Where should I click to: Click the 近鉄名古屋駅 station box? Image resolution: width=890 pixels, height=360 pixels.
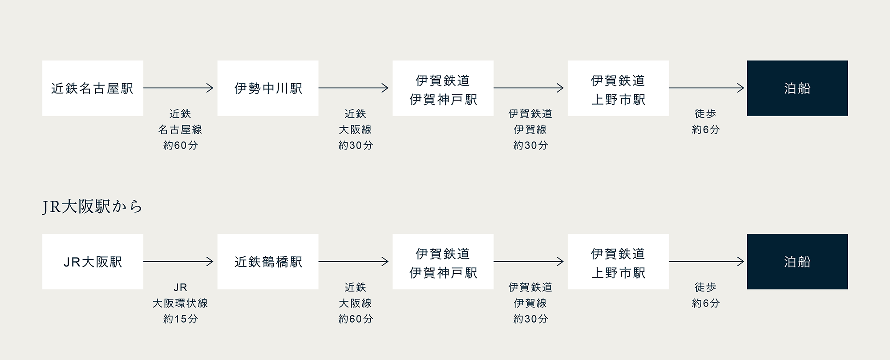point(93,88)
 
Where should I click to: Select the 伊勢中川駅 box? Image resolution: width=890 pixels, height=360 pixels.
point(268,88)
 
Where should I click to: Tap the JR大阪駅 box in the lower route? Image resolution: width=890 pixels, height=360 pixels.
point(93,262)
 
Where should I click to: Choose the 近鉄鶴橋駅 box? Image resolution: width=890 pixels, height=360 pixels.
point(268,262)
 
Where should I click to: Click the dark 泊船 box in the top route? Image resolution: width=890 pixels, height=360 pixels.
point(797,88)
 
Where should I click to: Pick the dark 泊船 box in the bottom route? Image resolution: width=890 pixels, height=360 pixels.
point(797,262)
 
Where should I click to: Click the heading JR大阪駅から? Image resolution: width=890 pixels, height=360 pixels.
point(93,207)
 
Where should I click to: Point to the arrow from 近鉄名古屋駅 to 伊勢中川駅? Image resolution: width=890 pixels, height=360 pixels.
point(178,88)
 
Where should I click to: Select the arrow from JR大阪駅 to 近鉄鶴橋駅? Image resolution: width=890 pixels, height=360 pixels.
point(178,262)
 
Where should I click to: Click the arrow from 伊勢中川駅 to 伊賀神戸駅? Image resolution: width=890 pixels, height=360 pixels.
point(353,88)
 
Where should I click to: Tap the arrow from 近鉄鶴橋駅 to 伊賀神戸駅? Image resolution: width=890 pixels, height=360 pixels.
point(353,262)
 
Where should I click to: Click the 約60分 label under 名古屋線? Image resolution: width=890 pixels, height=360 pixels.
point(180,145)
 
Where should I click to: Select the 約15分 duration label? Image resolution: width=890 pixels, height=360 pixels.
point(180,319)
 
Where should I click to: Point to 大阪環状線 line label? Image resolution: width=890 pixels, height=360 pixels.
point(180,303)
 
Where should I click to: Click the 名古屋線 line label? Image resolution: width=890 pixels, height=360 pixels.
point(180,129)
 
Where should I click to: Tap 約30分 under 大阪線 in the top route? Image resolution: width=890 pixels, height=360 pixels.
point(356,145)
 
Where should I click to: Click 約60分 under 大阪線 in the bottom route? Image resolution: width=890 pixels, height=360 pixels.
point(356,319)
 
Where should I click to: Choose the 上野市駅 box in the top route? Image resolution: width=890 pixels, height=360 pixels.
point(618,88)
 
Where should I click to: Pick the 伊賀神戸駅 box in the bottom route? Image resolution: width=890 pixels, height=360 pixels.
point(443,262)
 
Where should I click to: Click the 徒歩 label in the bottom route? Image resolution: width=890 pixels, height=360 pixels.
point(705,287)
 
